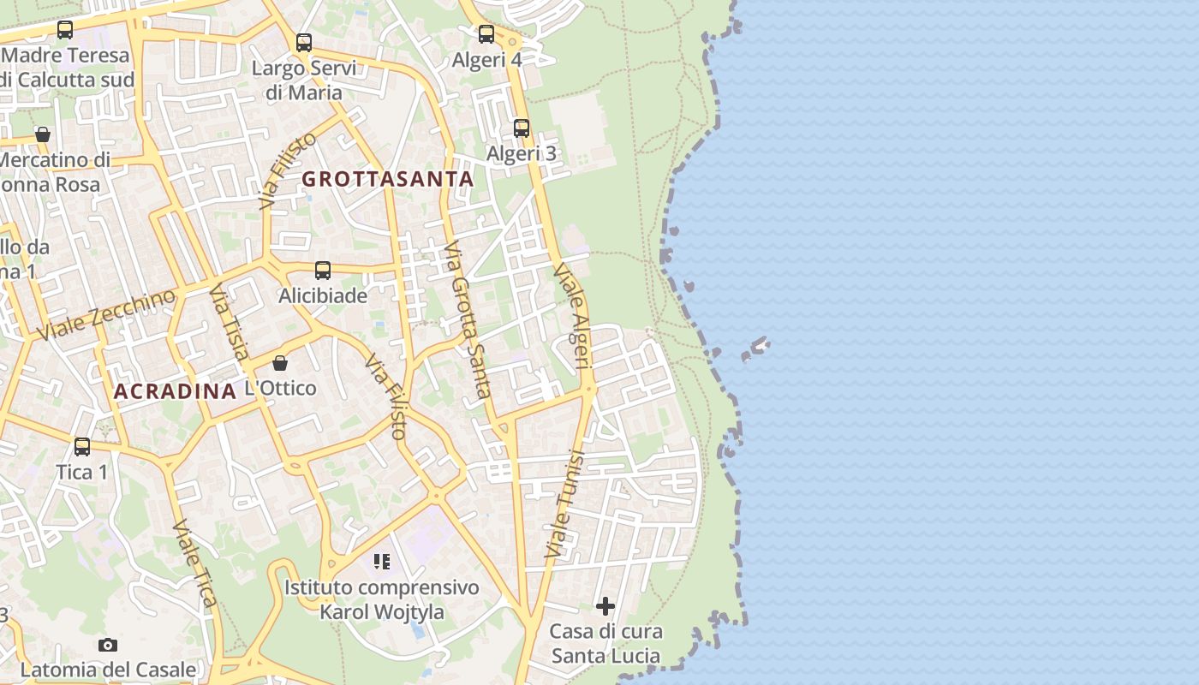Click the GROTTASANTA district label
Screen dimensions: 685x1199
tap(388, 179)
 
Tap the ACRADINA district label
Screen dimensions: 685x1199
tap(175, 391)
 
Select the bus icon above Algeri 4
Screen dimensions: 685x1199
tap(486, 34)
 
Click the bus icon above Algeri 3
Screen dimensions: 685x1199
tap(522, 128)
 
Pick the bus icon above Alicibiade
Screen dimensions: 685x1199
tap(323, 271)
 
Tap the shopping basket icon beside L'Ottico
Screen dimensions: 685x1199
tap(280, 363)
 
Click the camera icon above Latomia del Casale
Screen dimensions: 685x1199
tap(108, 645)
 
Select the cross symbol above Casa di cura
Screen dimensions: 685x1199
tap(605, 606)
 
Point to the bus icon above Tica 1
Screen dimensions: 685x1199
tap(82, 446)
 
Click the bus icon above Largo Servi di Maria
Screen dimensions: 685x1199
tap(303, 42)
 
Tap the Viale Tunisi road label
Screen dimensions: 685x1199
tap(564, 505)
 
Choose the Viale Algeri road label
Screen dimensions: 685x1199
tap(574, 316)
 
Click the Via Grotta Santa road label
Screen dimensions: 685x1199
tap(468, 320)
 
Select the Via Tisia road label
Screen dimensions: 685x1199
tap(230, 323)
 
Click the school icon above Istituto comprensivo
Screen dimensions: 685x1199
tap(382, 562)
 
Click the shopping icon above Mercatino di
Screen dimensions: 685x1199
tap(43, 134)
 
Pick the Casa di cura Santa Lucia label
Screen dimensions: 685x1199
tap(605, 644)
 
